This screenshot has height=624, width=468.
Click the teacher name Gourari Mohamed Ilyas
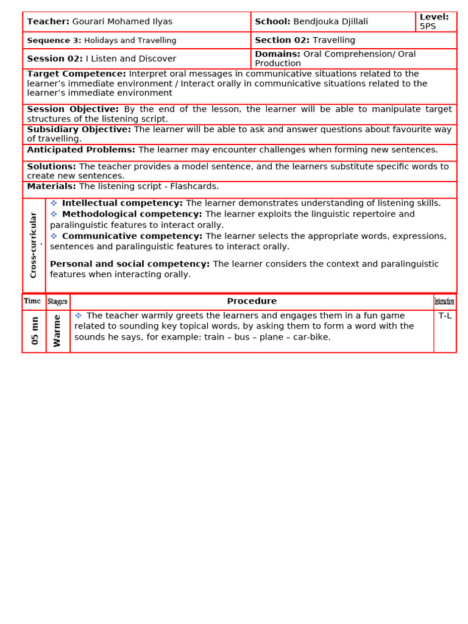(122, 22)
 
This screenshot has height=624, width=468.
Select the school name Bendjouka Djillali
(330, 22)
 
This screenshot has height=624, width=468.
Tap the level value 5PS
(428, 27)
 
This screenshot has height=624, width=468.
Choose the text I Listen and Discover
(130, 59)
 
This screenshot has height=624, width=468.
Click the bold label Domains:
(277, 54)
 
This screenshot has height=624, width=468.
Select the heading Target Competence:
(76, 74)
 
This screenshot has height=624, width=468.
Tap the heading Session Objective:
(73, 110)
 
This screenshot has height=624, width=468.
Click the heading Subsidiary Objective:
(79, 130)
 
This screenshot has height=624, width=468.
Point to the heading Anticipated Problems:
(81, 150)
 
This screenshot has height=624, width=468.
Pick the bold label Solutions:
(51, 167)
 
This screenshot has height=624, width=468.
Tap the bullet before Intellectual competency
(54, 203)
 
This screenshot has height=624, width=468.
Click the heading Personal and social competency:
(129, 264)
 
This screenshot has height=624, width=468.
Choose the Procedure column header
(252, 302)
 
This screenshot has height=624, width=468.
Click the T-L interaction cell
(445, 316)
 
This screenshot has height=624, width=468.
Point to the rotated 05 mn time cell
(35, 331)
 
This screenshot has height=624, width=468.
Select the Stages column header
(57, 302)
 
